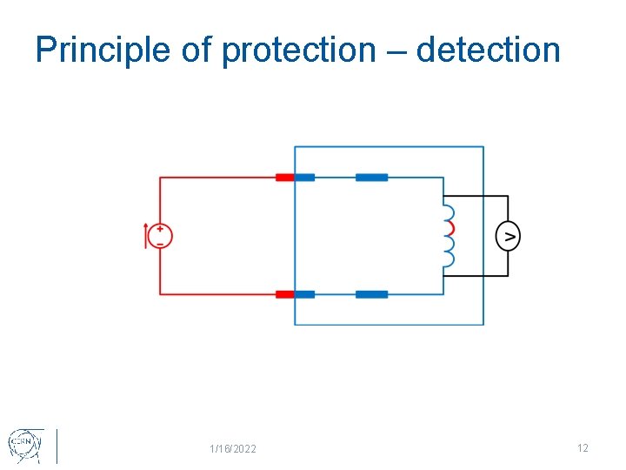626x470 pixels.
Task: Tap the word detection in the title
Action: (x=488, y=50)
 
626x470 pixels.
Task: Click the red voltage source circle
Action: (x=160, y=236)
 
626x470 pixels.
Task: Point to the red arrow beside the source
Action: (x=146, y=236)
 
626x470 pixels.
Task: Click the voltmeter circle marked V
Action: (x=508, y=236)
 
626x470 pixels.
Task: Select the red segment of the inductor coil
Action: (x=450, y=228)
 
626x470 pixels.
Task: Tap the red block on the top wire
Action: (x=284, y=178)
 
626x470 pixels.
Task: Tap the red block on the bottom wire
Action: (x=284, y=294)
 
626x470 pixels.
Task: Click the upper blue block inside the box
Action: (x=371, y=178)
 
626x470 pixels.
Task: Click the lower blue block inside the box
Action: (x=371, y=294)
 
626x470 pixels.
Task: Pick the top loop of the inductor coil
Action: (x=449, y=212)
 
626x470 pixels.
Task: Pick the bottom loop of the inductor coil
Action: (x=449, y=258)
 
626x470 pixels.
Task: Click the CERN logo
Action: (x=24, y=444)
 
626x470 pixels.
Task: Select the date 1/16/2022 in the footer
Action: (x=233, y=449)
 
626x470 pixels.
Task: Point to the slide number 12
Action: (x=583, y=448)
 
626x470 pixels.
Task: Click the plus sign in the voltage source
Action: (x=160, y=229)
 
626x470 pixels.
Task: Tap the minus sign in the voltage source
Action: (x=160, y=243)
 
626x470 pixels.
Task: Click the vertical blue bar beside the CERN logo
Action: (x=57, y=446)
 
